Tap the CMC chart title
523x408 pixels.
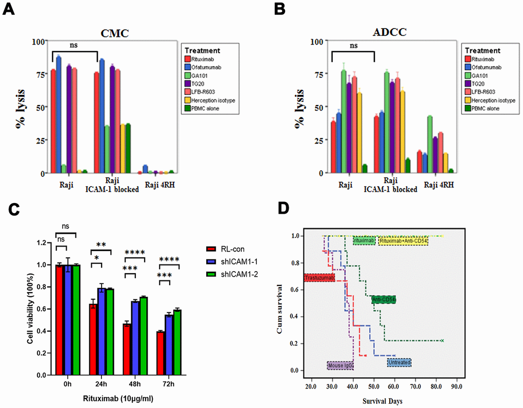[x=114, y=33]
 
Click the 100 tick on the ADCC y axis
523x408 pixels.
[x=317, y=41]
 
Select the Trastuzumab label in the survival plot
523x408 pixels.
[x=318, y=278]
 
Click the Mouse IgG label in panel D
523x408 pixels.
[x=340, y=365]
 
